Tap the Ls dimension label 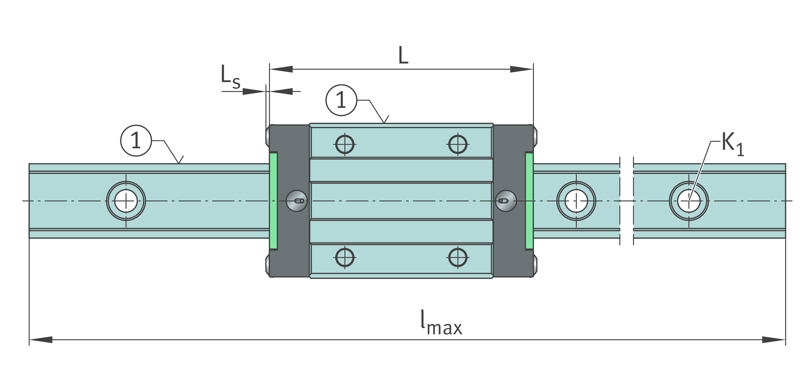[x=230, y=76]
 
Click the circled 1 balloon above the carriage [x=341, y=100]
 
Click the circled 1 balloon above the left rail [x=136, y=141]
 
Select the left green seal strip [x=273, y=201]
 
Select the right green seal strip [x=529, y=201]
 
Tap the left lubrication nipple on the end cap [x=296, y=201]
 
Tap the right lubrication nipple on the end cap [x=506, y=201]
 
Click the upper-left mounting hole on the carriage [x=345, y=144]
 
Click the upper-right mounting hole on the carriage [x=457, y=144]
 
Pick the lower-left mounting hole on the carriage [x=345, y=257]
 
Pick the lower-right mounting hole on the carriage [x=457, y=257]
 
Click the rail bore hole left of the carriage [x=126, y=201]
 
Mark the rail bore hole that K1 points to [x=689, y=201]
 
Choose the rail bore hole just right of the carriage [x=576, y=201]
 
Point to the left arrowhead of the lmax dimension [x=41, y=340]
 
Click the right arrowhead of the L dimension [x=521, y=69]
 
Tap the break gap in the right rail [x=627, y=201]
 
